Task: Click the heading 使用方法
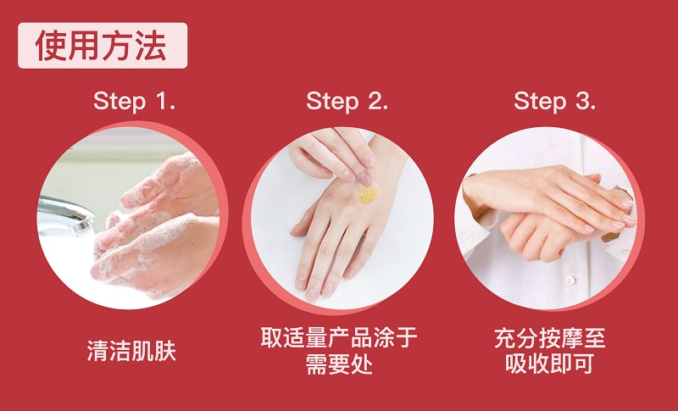[101, 46]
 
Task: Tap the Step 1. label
[134, 101]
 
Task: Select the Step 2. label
[347, 101]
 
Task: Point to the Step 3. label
[555, 101]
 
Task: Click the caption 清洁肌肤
[131, 351]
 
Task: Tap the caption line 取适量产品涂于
[339, 337]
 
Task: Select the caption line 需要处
[339, 364]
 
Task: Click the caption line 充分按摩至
[550, 337]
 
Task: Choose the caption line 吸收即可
[549, 364]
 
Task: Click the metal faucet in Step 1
[66, 213]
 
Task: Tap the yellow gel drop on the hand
[369, 194]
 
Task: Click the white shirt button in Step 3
[570, 280]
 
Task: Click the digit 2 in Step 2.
[375, 101]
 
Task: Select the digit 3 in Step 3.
[582, 101]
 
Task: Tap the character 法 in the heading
[151, 46]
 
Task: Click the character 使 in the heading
[51, 46]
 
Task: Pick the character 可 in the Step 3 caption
[583, 364]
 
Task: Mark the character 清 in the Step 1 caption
[97, 351]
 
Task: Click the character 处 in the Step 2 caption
[362, 364]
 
